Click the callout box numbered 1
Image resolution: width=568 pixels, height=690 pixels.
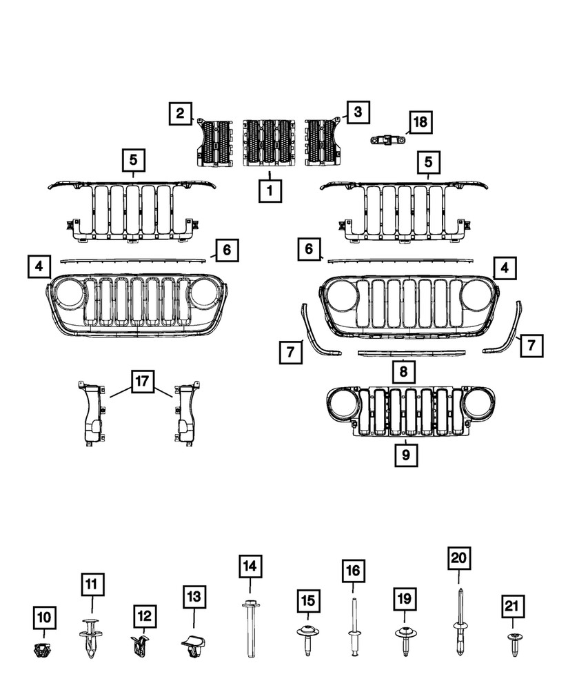[x=270, y=189]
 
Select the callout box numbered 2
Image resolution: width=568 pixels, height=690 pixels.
[x=180, y=112]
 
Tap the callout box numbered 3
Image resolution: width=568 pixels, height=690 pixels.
[x=358, y=111]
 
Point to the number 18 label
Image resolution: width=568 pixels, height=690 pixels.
[x=419, y=123]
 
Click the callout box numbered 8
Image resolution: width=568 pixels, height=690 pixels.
[x=403, y=373]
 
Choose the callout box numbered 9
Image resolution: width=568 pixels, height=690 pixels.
[x=406, y=455]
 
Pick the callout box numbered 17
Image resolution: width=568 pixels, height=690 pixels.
[x=141, y=380]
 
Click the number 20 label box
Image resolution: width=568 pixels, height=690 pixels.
[x=459, y=558]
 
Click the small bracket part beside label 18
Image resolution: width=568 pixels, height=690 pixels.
[x=388, y=140]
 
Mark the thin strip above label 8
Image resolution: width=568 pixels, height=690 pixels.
[x=402, y=352]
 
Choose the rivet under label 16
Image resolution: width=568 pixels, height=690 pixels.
[x=354, y=628]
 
